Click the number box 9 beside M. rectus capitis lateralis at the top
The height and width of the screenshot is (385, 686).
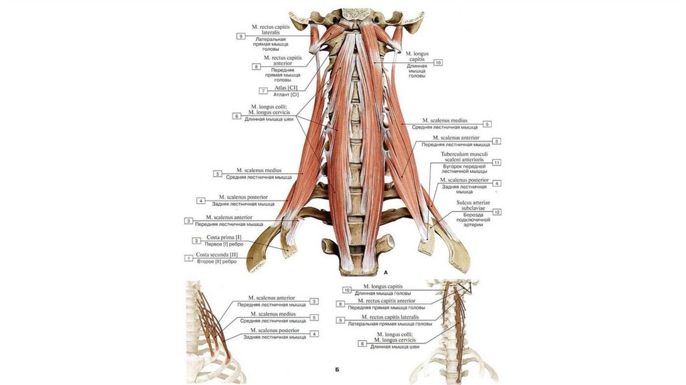(241, 36)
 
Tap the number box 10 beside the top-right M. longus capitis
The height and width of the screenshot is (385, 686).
(438, 62)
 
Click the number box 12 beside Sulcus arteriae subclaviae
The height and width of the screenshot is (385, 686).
(496, 212)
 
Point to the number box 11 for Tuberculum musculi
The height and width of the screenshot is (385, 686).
(496, 163)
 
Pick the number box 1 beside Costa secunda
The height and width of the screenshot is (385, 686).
(188, 258)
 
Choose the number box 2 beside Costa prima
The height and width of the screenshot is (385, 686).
(196, 241)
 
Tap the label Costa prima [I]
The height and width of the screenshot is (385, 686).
(224, 237)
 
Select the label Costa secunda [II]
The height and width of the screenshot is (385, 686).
(216, 255)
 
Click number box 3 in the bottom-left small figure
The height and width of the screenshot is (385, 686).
(314, 302)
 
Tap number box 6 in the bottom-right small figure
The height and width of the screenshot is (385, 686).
(363, 343)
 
